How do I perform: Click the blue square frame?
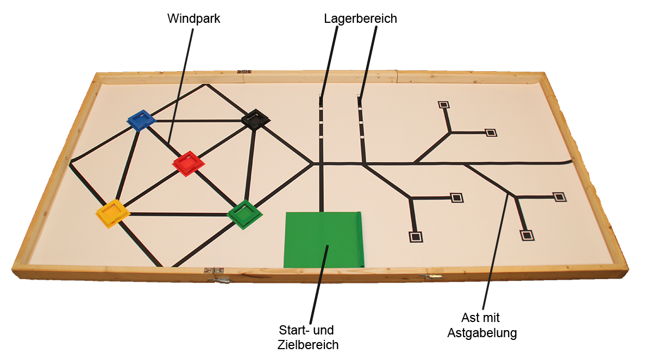tap(141, 120)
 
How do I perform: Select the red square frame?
tap(188, 163)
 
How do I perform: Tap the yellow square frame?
tap(113, 212)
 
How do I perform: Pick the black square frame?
tap(255, 119)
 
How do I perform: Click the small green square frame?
tap(244, 215)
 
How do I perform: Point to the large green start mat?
tap(323, 239)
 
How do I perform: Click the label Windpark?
tap(193, 18)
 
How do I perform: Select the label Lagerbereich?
tap(360, 18)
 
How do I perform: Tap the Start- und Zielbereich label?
tap(308, 337)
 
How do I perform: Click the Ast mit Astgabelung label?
tap(481, 325)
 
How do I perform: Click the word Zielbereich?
tap(308, 344)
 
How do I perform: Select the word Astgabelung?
tap(481, 333)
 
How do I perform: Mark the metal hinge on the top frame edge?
tap(244, 71)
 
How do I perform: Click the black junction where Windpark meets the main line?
tap(311, 162)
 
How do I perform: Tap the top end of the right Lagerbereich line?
tap(359, 98)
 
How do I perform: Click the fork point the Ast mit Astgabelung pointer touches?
tap(509, 194)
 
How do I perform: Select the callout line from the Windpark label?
tap(181, 87)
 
